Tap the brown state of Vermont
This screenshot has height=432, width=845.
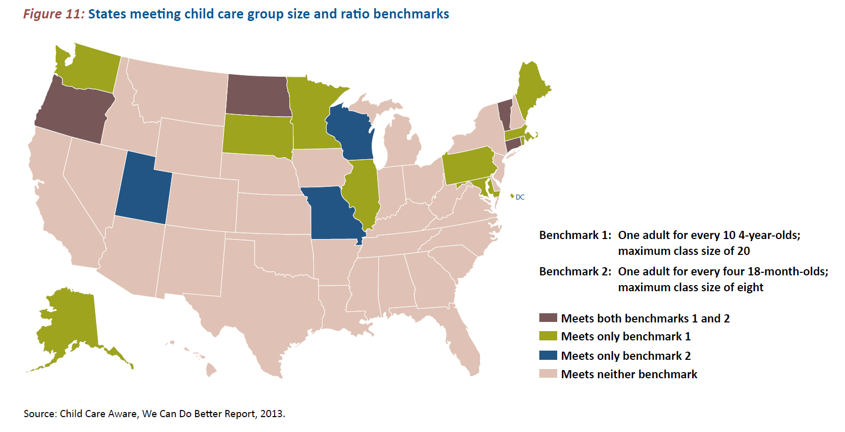click(x=505, y=115)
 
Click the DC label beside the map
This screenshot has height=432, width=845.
click(x=520, y=197)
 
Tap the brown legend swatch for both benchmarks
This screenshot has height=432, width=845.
click(x=548, y=318)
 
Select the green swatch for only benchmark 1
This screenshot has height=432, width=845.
click(x=548, y=336)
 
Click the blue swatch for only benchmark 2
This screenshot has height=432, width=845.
click(x=548, y=355)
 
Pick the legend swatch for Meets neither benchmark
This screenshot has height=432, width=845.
click(x=548, y=374)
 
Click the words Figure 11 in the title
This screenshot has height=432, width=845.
click(x=53, y=14)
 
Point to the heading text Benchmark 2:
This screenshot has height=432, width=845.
click(x=575, y=271)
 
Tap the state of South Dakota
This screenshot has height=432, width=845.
click(x=257, y=134)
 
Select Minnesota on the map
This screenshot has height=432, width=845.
click(x=310, y=115)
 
